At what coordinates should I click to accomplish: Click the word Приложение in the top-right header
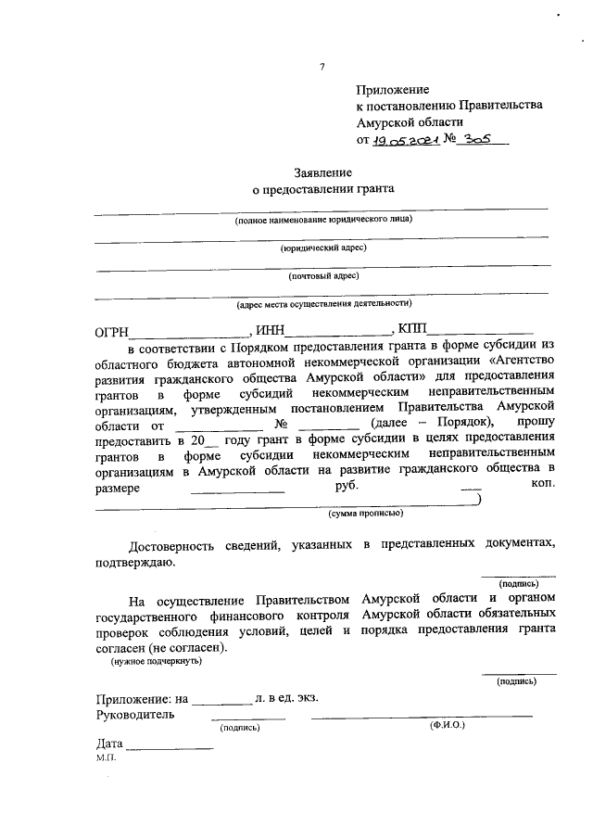point(393,90)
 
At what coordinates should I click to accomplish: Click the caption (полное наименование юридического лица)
point(322,220)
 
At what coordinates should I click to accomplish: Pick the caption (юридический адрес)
point(323,248)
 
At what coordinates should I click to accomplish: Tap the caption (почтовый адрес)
point(323,275)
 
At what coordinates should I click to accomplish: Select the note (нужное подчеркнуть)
point(157,661)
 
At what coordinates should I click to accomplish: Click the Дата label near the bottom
point(109,744)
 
